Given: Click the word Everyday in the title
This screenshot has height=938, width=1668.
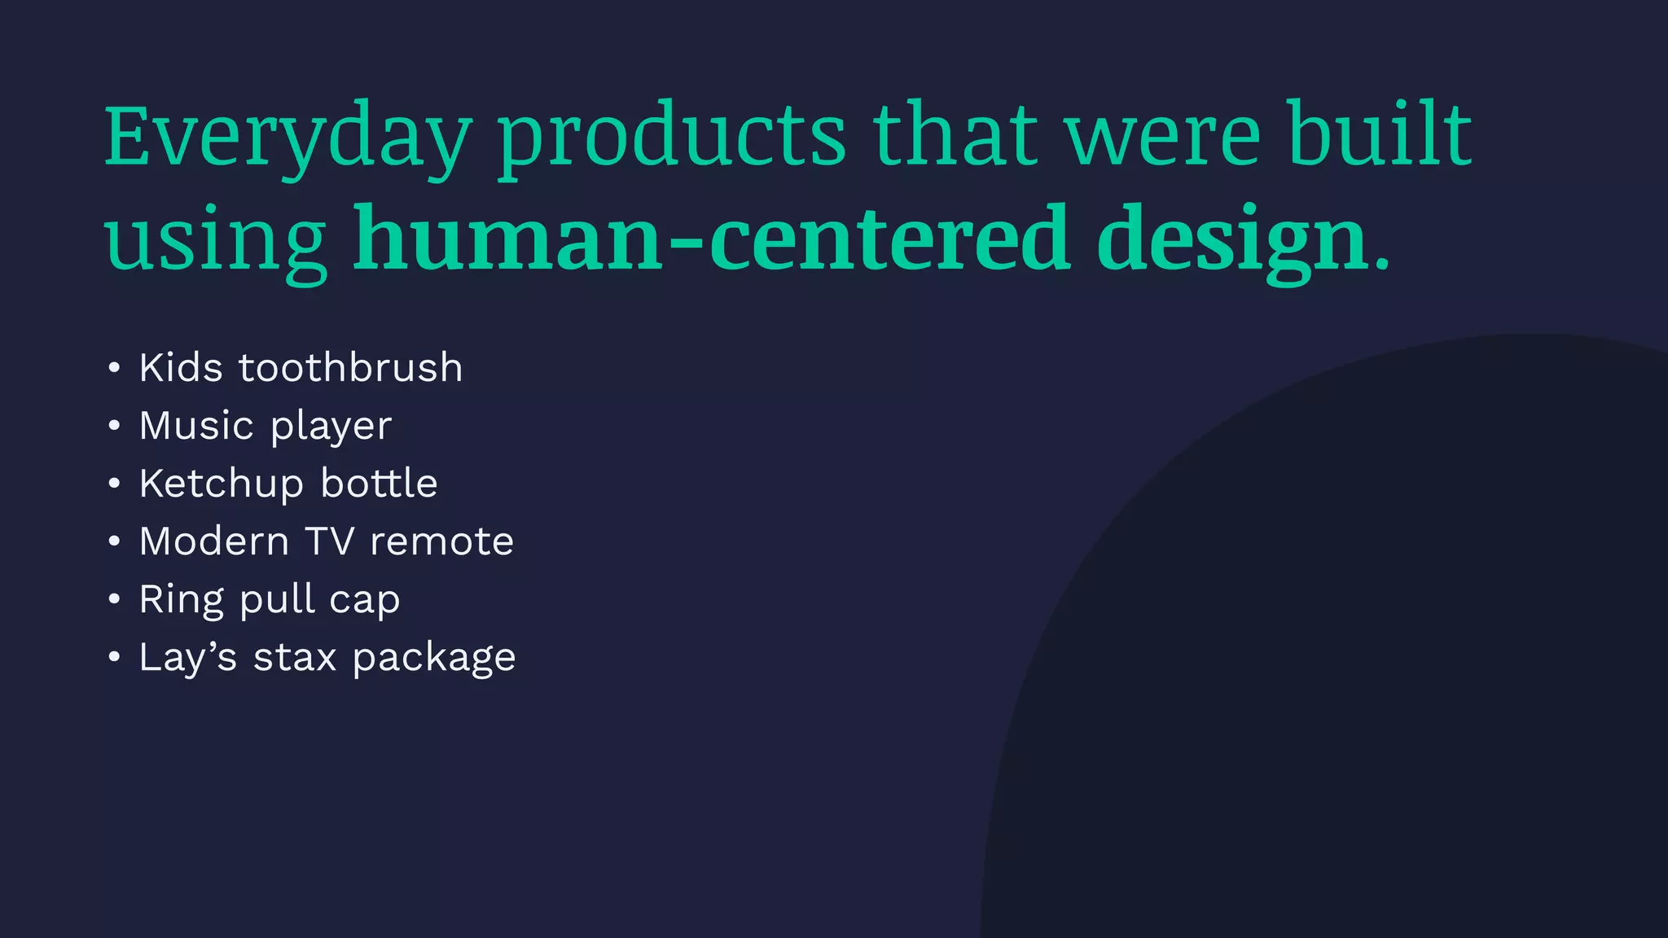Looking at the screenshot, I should pyautogui.click(x=288, y=136).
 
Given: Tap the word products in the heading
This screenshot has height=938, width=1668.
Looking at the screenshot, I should pyautogui.click(x=673, y=136).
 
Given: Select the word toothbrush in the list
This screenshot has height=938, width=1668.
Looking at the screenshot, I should pyautogui.click(x=350, y=367).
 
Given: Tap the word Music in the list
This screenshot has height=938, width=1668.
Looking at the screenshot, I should pyautogui.click(x=196, y=425).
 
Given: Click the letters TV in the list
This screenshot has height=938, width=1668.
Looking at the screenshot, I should pyautogui.click(x=329, y=541).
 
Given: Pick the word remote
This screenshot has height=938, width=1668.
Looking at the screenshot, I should pyautogui.click(x=441, y=541).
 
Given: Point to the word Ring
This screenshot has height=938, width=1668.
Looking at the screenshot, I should pyautogui.click(x=181, y=601).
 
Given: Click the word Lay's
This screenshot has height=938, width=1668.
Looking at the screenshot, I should pyautogui.click(x=187, y=658).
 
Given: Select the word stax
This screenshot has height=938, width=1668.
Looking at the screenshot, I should pyautogui.click(x=294, y=658).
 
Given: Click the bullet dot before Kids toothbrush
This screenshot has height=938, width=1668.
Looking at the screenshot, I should pyautogui.click(x=114, y=368).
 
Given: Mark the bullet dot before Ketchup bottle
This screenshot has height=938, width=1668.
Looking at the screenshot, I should pyautogui.click(x=114, y=484).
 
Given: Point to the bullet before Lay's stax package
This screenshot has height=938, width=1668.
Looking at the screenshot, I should pyautogui.click(x=114, y=657).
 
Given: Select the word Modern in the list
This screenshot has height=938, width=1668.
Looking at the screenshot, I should pyautogui.click(x=213, y=541).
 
